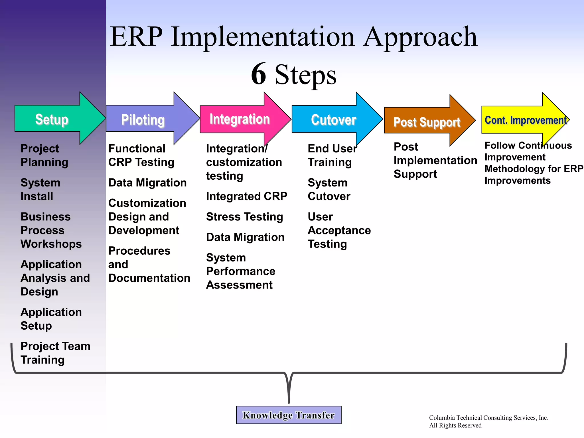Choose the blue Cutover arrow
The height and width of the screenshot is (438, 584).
[334, 119]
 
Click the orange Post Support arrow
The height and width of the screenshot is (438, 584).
[427, 122]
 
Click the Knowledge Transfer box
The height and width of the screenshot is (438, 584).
[289, 415]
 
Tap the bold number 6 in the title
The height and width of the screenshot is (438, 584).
[259, 74]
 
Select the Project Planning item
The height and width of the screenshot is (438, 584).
[44, 155]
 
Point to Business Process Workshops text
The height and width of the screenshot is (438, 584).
[51, 230]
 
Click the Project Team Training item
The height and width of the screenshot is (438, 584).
[55, 353]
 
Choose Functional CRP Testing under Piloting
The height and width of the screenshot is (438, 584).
[141, 155]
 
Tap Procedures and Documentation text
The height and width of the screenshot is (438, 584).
[149, 264]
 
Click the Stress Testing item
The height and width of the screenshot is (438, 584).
[244, 217]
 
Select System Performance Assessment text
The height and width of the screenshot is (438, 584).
[240, 271]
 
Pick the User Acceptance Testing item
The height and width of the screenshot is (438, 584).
[339, 230]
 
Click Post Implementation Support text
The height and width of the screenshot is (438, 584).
[435, 160]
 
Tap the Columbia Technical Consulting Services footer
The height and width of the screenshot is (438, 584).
[488, 421]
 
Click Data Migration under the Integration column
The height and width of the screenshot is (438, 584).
[245, 237]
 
